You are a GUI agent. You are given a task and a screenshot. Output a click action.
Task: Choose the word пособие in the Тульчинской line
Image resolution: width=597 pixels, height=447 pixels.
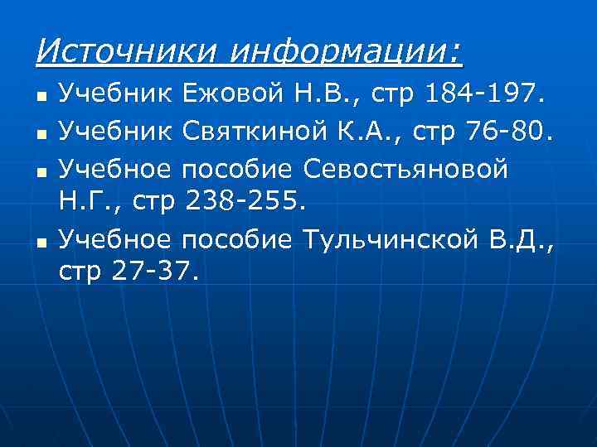236,242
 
